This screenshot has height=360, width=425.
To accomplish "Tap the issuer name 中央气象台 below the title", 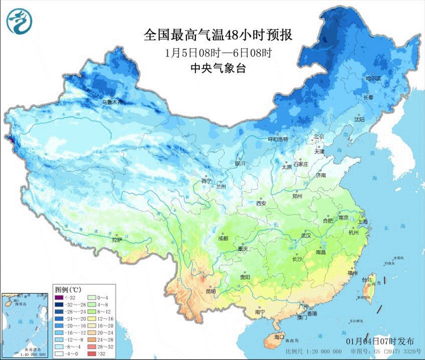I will point(218,69).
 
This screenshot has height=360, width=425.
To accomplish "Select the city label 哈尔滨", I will point(373,79).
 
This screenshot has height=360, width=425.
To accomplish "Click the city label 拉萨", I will point(116,240).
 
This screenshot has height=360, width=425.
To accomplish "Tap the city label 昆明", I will point(210,291).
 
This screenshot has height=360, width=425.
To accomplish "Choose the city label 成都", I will point(224,238).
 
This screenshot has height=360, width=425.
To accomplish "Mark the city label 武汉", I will point(306,235).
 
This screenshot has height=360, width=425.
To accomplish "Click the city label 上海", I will point(364,222).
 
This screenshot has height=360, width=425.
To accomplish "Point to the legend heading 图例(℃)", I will point(68,289).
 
